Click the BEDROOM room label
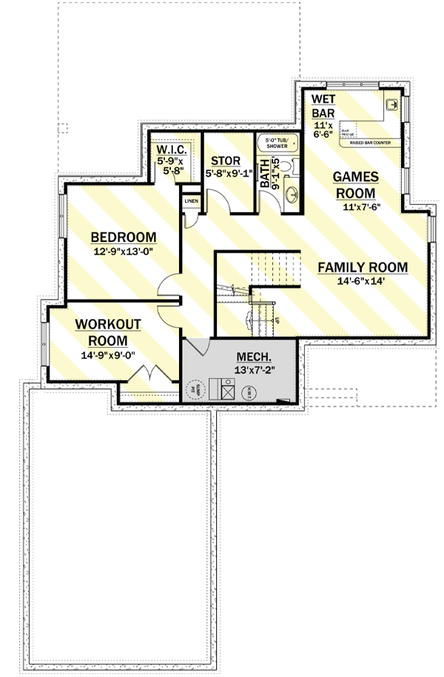[123, 237]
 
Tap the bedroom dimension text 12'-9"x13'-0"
[123, 251]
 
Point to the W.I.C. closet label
[175, 149]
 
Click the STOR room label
[225, 161]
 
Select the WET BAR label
[323, 105]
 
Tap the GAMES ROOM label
[355, 184]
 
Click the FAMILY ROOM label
[363, 267]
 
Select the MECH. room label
[252, 356]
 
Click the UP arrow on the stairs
[275, 320]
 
